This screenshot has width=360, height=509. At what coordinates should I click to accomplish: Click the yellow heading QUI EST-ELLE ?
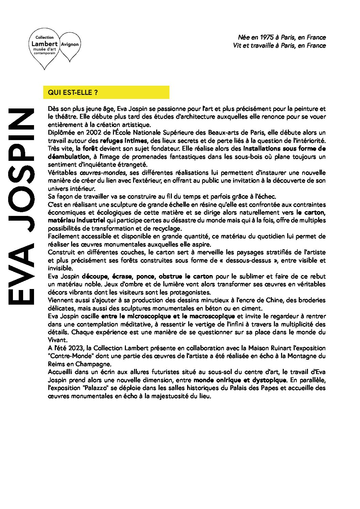pos(73,92)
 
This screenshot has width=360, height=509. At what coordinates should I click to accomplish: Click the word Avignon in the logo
pos(70,45)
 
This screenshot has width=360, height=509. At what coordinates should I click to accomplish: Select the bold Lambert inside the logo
pos(44,44)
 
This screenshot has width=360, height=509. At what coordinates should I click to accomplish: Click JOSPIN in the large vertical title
pos(21,170)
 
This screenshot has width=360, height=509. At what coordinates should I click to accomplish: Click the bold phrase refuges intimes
pos(124,141)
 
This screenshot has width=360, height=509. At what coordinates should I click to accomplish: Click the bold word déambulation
pos(68,157)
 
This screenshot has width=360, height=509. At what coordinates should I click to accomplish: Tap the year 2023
pos(76,348)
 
